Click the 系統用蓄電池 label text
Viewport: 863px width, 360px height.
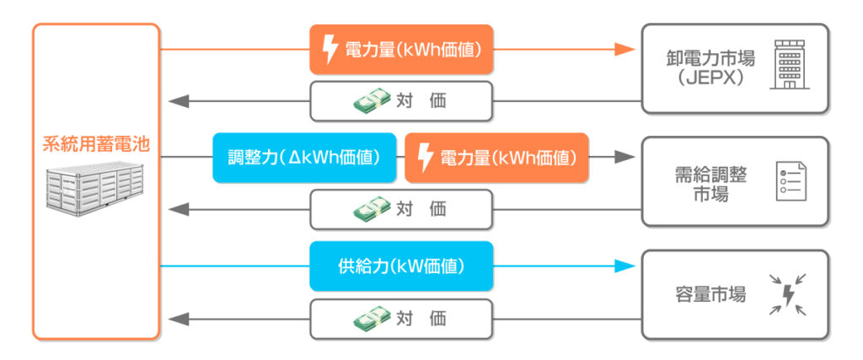[96, 143]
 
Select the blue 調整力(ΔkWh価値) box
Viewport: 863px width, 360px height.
[304, 158]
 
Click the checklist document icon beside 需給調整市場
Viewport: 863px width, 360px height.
[790, 181]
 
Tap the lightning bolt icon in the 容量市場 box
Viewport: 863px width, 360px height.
[789, 294]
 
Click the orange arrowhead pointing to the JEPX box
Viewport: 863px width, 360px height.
[624, 49]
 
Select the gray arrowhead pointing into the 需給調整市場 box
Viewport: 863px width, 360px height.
[624, 157]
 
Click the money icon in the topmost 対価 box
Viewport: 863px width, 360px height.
[372, 101]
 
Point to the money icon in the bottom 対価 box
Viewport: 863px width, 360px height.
[372, 319]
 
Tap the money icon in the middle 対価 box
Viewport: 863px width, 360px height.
[372, 209]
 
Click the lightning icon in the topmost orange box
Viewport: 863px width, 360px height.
[330, 50]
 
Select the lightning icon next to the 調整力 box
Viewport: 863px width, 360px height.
[426, 158]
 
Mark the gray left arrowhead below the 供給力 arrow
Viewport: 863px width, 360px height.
[178, 319]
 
